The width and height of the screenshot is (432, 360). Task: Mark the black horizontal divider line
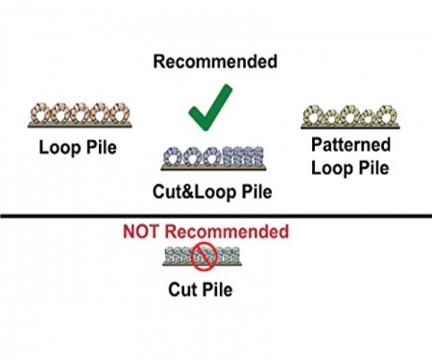215,216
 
